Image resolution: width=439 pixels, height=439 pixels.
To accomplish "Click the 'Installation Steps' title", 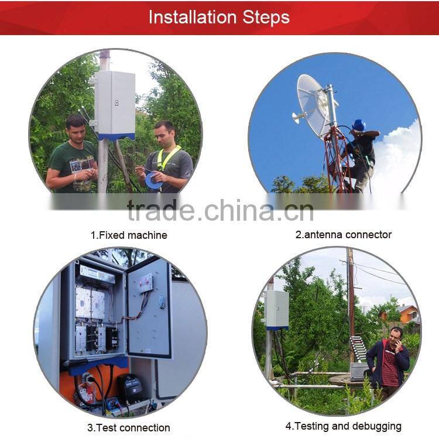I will (219, 17).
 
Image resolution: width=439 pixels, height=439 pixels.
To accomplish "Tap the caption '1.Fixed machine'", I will (128, 235).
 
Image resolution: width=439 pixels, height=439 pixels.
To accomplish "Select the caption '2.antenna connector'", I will (343, 235).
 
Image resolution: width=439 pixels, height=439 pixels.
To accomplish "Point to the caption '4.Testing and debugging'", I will (343, 426).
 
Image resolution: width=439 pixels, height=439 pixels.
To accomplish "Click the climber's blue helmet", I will (359, 125).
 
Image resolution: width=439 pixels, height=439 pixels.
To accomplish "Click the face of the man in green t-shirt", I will (76, 130).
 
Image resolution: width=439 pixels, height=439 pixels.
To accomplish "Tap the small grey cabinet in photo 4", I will (277, 309).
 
